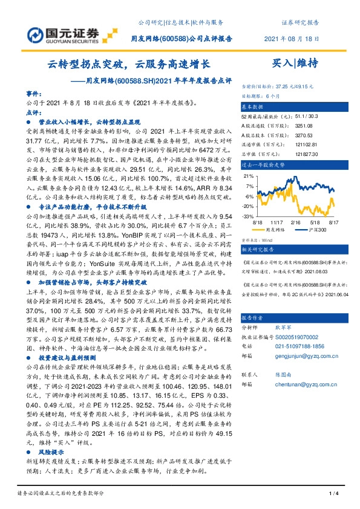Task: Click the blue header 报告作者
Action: tap(255, 317)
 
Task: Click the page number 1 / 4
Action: tap(332, 494)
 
